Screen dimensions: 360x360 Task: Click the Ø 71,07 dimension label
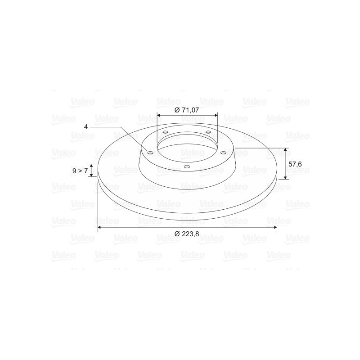pos(186,110)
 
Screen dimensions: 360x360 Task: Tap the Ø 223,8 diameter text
pos(187,234)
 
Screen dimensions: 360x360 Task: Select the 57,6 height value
pos(295,164)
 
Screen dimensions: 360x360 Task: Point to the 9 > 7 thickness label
pos(80,171)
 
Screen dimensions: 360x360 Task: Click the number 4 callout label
pos(86,127)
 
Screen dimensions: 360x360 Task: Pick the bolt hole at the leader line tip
pos(150,153)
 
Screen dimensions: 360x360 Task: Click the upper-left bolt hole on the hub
pos(165,132)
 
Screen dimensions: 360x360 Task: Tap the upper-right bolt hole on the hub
pos(208,132)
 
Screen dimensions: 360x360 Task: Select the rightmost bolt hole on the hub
pos(223,153)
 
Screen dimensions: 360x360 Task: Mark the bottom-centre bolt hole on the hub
pos(187,166)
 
